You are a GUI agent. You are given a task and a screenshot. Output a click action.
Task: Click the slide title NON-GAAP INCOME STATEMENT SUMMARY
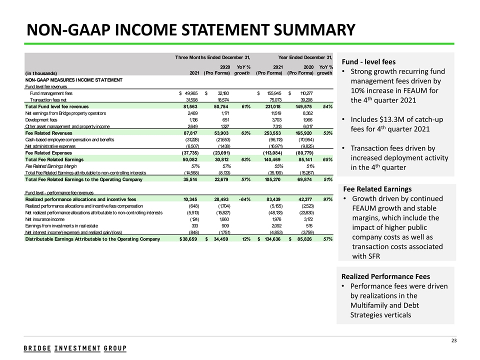click(x=191, y=30)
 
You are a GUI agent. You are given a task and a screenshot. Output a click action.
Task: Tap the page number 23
click(x=454, y=341)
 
